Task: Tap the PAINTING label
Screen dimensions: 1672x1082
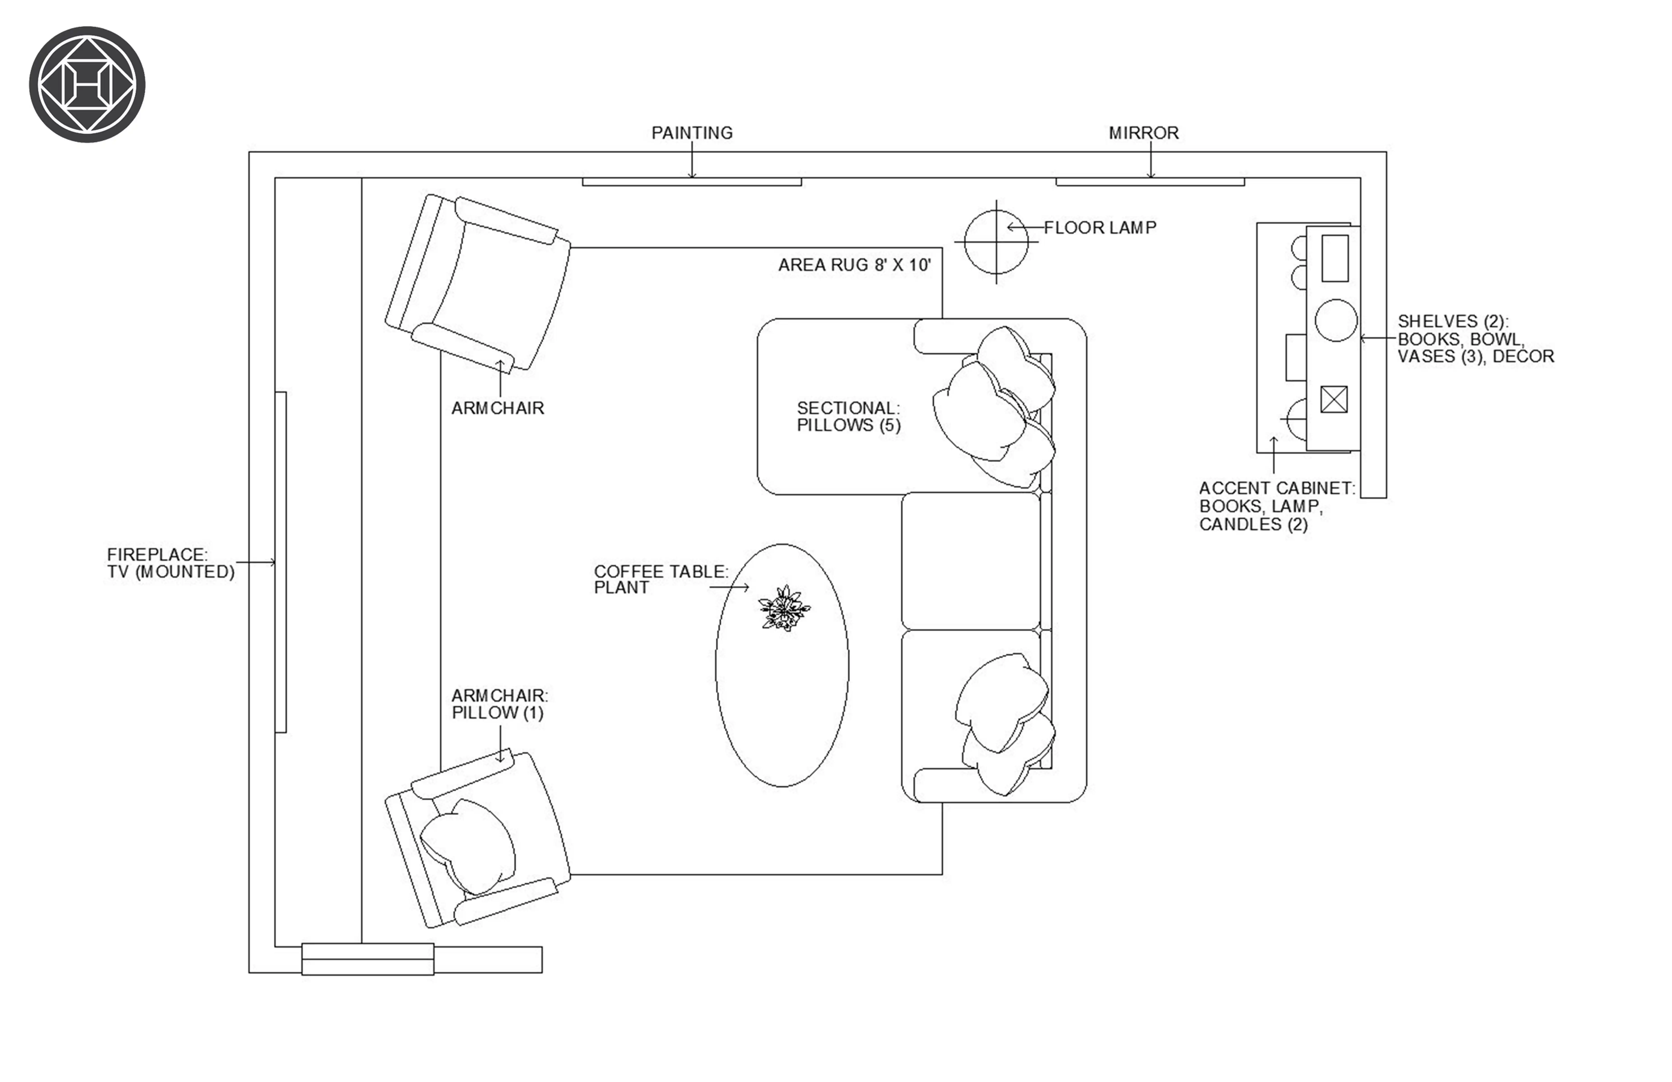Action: [x=692, y=133]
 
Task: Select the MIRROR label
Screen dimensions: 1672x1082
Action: [x=1144, y=133]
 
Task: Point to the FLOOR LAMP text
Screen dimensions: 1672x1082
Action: [x=1100, y=228]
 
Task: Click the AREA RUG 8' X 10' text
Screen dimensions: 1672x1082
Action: [x=854, y=265]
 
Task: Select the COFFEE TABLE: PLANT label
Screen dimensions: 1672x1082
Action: [x=661, y=580]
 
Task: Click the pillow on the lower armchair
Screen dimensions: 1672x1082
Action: [x=467, y=847]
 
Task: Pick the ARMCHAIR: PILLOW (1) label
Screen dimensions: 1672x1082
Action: [x=500, y=704]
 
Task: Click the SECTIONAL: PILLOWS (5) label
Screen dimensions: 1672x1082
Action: [x=849, y=417]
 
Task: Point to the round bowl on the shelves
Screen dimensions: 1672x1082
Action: [x=1336, y=320]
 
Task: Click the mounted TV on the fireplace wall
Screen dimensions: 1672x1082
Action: [x=280, y=562]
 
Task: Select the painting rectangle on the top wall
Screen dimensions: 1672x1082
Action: [x=692, y=182]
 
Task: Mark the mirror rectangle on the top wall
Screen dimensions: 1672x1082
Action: [x=1150, y=182]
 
